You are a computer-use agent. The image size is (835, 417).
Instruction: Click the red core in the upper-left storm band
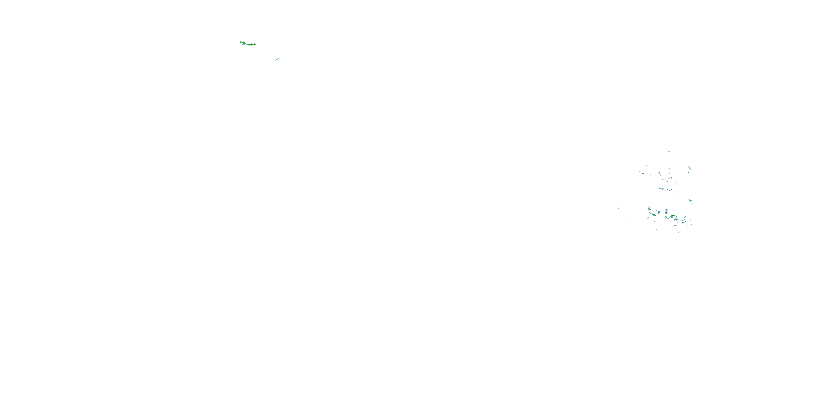coord(252,45)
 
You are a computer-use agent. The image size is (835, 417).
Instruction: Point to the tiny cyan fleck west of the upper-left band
coord(235,42)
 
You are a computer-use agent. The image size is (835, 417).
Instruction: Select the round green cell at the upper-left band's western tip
coord(240,42)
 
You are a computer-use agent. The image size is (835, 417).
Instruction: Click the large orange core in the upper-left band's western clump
coord(244,43)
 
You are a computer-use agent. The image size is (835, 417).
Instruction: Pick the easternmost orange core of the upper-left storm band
coord(254,45)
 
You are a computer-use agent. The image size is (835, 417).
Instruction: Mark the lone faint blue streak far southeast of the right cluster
coord(725,252)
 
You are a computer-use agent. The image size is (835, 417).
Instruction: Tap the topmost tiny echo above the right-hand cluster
coord(669,152)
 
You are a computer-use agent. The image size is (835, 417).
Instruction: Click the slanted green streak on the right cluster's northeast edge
coord(690,168)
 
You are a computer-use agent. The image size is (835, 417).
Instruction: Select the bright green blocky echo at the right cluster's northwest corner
coord(643,173)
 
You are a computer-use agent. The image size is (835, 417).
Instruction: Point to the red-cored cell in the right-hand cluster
coord(667,210)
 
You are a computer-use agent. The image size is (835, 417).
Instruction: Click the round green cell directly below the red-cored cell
coord(667,213)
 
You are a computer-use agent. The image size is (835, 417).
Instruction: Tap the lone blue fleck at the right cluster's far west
coord(618,208)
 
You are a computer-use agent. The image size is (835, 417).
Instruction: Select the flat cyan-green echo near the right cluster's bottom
coord(675,225)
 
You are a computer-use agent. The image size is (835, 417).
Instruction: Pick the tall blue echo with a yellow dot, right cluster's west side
coord(650,209)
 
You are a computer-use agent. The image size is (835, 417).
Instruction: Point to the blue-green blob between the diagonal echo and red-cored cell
coord(659,212)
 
